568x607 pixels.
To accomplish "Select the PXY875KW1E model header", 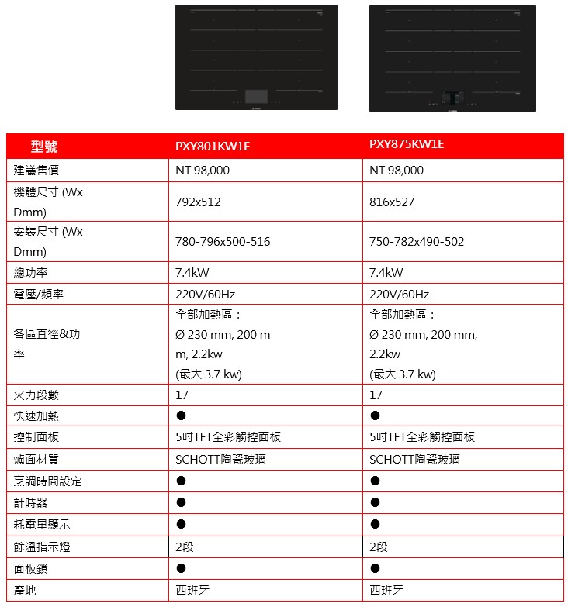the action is (407, 144).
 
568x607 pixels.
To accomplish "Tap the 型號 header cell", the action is (44, 147).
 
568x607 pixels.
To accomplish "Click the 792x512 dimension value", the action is (198, 202).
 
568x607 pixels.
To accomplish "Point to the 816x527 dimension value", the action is (392, 202).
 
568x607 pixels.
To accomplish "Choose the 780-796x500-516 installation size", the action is (223, 242).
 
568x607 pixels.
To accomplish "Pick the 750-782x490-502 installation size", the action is (417, 242).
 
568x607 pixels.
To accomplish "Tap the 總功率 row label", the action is (31, 272).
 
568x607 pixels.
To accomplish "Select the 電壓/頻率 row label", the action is (38, 295).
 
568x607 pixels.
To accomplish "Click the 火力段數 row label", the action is (36, 395).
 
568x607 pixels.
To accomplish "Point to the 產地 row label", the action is (25, 590).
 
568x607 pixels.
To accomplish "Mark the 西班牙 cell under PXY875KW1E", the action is (386, 590).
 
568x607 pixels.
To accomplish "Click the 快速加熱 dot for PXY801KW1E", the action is (181, 416).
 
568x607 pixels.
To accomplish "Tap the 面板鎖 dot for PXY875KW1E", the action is (375, 568).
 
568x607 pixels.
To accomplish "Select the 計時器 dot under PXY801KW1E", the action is (181, 503).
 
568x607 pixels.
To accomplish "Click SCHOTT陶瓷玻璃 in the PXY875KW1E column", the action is (414, 460).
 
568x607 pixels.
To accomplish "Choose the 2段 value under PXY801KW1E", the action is (185, 547).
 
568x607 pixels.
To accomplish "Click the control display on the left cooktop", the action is (256, 96).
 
